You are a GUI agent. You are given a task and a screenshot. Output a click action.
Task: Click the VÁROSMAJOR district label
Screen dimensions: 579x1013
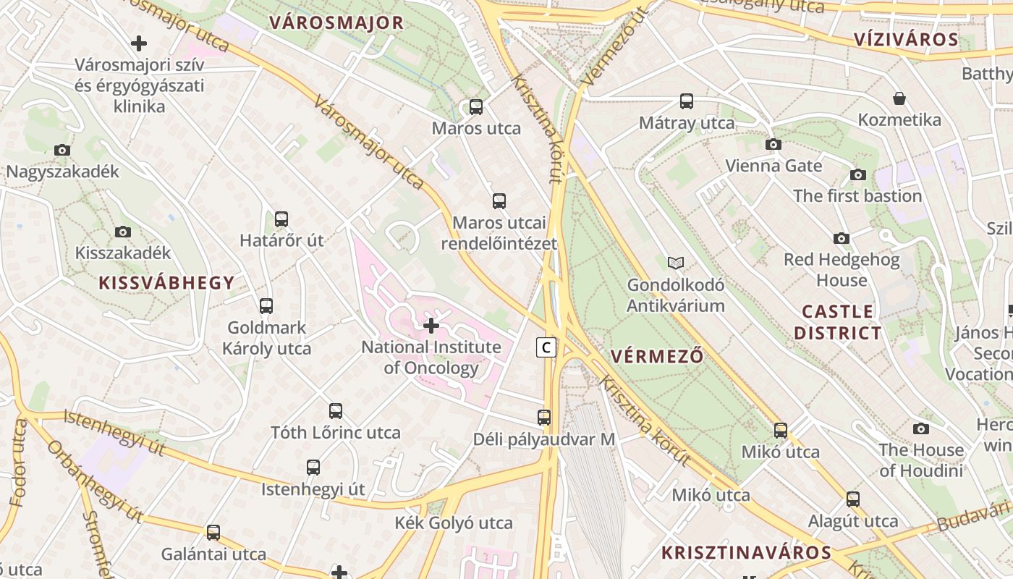click(336, 22)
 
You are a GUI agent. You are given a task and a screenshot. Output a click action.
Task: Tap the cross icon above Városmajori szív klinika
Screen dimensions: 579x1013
click(139, 43)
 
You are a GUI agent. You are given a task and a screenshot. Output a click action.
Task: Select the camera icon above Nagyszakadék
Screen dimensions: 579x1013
click(62, 151)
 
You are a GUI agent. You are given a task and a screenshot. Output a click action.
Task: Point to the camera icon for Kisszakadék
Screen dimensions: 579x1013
click(123, 232)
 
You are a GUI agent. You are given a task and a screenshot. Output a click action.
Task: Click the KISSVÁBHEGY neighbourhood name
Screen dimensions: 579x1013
click(166, 283)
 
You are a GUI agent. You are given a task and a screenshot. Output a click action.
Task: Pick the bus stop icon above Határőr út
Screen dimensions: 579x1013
click(281, 219)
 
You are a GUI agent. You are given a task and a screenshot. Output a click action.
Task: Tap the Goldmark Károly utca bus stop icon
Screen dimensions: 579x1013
click(266, 305)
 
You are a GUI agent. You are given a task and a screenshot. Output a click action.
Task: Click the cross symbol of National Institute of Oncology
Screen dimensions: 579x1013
click(431, 326)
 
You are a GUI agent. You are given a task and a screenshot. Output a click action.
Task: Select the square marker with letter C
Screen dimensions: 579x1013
click(546, 347)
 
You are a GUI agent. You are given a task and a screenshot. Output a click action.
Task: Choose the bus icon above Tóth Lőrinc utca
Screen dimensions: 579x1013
click(336, 411)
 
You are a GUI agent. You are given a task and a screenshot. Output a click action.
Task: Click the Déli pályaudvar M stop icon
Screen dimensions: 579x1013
click(544, 418)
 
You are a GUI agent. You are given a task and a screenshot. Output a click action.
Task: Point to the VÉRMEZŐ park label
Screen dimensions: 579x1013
click(657, 356)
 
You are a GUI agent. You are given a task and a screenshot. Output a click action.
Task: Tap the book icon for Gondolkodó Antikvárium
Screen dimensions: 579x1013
click(676, 263)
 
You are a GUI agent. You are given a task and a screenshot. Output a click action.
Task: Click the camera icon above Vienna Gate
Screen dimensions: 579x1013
click(773, 144)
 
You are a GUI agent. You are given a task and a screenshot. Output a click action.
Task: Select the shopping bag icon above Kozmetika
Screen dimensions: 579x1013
click(899, 98)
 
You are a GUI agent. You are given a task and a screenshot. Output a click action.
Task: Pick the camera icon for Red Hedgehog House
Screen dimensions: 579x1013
click(842, 238)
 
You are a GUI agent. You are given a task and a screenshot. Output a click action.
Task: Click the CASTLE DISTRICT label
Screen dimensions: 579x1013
click(838, 322)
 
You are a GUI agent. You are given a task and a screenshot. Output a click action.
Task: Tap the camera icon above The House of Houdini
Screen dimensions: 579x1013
click(921, 428)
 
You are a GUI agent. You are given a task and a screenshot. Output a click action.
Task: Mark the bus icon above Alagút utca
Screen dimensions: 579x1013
click(853, 499)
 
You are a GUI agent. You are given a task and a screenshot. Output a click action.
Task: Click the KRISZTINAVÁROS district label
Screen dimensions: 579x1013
click(746, 553)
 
